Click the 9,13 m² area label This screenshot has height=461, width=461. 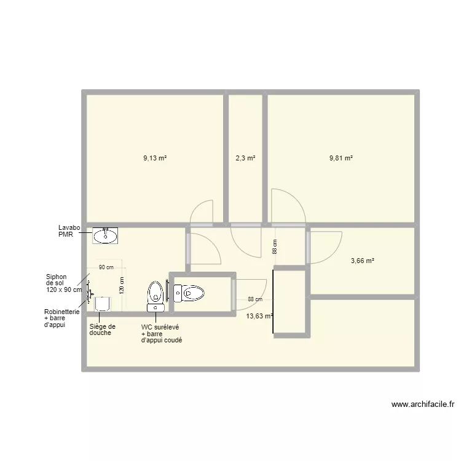pos(155,158)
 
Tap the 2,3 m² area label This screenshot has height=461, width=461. pos(245,158)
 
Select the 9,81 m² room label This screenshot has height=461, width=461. pos(341,158)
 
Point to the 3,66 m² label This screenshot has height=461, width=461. pos(363,261)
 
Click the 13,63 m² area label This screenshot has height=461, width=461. pos(259,316)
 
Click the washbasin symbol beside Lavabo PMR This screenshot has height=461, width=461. pos(106,235)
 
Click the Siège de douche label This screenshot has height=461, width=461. pos(102,330)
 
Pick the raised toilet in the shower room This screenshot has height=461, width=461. pos(156,293)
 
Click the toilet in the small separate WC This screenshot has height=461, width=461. pos(189,293)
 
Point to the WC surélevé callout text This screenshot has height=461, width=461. pos(162,333)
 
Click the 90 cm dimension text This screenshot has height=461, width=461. pos(106,267)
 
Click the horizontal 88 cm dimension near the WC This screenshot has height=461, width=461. pos(255,299)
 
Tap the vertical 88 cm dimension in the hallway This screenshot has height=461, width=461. pos(275,247)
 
